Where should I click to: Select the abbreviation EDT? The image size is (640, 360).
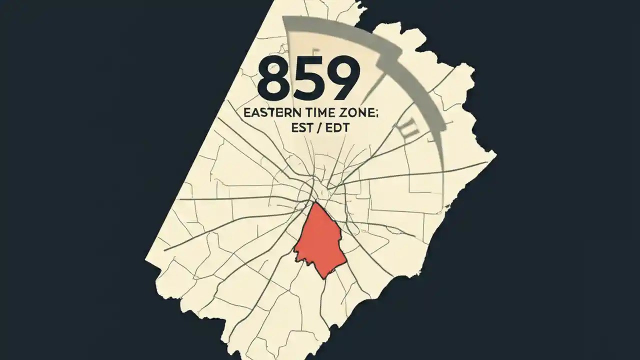click(334, 128)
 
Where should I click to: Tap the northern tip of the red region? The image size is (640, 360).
click(314, 202)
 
